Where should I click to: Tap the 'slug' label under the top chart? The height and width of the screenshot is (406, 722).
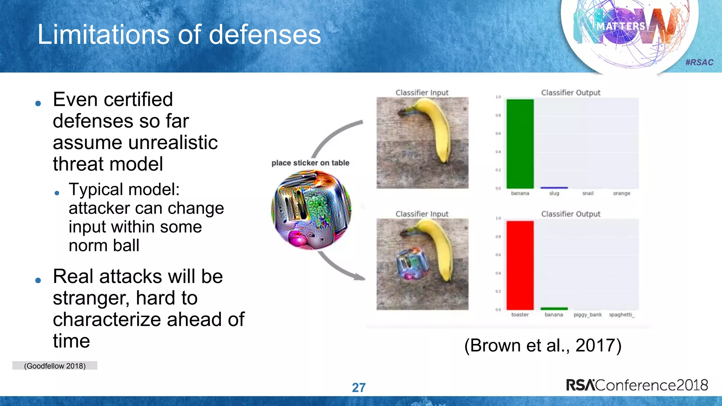tap(554, 193)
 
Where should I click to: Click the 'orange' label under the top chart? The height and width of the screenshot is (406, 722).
tap(622, 193)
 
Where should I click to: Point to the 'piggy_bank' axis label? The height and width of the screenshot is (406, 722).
tap(588, 315)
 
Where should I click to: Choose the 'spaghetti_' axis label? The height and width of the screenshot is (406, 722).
tap(622, 315)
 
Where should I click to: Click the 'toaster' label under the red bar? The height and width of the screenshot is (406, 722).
tap(520, 315)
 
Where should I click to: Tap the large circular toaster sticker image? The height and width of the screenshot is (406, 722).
tap(311, 210)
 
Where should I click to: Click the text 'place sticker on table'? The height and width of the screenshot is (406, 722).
tap(310, 163)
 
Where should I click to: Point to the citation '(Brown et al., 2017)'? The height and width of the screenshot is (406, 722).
tap(543, 345)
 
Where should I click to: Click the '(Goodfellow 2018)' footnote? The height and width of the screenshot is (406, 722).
tap(55, 366)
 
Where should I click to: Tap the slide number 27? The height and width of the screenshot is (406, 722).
tap(359, 387)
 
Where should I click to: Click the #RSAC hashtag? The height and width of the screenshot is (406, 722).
tap(699, 62)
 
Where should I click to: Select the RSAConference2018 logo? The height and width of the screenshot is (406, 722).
tap(637, 385)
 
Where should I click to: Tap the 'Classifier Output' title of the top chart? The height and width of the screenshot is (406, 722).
tap(570, 93)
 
